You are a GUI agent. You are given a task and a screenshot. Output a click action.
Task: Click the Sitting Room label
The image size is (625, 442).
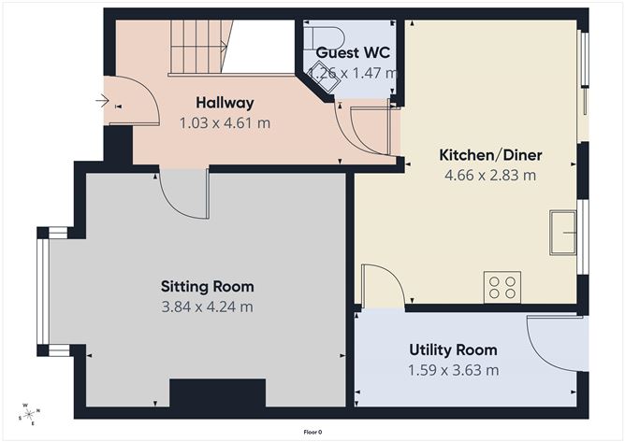207,286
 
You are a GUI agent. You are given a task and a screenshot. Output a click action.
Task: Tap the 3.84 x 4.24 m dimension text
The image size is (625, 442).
207,306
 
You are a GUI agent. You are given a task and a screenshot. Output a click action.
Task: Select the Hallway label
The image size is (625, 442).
225,103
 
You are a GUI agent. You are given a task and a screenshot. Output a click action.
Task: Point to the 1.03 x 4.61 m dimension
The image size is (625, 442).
225,122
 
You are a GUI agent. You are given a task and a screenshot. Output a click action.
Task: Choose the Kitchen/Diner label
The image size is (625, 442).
490,154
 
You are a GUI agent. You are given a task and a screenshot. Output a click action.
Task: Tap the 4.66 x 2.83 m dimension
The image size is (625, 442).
490,175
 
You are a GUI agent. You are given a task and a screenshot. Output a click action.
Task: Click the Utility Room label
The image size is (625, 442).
453,350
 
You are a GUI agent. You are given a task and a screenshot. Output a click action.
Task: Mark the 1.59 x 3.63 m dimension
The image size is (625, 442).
453,370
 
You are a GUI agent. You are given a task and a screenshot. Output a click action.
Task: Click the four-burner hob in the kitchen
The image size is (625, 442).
501,286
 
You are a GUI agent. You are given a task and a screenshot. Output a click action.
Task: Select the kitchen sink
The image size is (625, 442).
563,232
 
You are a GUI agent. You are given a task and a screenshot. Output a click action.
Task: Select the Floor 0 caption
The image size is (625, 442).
312,432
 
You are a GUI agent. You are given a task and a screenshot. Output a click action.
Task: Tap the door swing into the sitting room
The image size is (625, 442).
183,193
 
